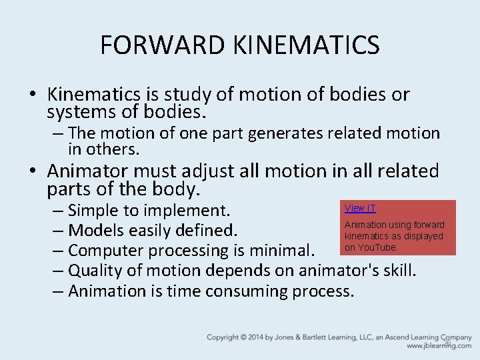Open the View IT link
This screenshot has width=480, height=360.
coord(360,209)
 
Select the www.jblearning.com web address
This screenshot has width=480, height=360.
coord(439,347)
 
